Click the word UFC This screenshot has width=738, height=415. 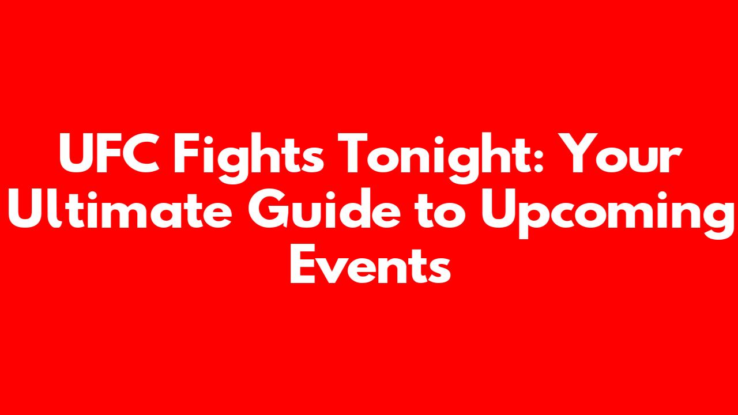tap(110, 153)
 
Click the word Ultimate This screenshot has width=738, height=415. tap(119, 208)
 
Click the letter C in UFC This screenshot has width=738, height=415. tap(142, 153)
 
